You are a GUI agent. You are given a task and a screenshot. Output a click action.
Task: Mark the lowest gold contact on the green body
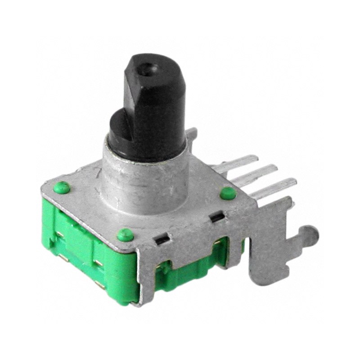pyautogui.click(x=100, y=283)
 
